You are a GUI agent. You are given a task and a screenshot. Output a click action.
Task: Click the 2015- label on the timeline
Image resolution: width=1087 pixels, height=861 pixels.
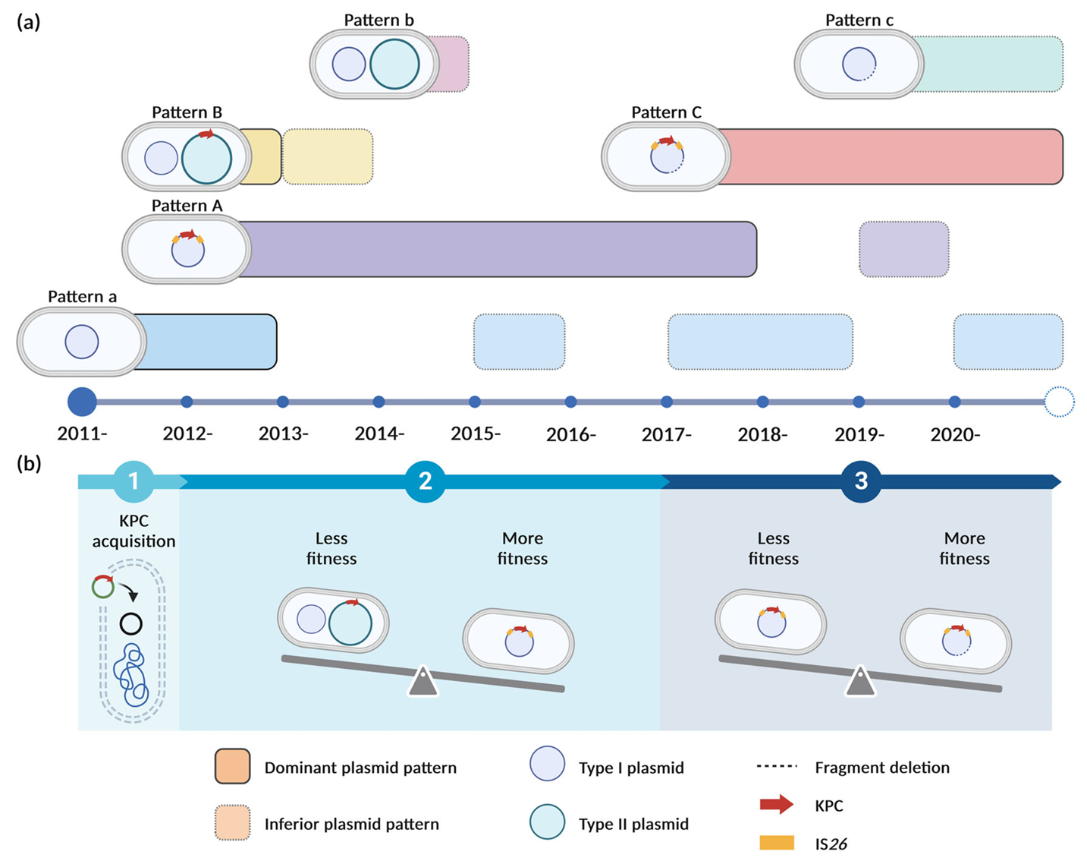pyautogui.click(x=476, y=434)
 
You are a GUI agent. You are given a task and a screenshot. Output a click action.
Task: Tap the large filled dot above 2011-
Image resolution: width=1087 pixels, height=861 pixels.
pyautogui.click(x=82, y=402)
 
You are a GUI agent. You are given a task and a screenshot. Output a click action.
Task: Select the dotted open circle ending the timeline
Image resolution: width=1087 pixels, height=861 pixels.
pyautogui.click(x=1059, y=402)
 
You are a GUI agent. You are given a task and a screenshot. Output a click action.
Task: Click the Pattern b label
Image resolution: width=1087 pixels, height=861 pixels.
pyautogui.click(x=379, y=20)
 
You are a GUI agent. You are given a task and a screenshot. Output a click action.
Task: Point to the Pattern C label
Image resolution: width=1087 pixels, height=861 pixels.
pyautogui.click(x=666, y=112)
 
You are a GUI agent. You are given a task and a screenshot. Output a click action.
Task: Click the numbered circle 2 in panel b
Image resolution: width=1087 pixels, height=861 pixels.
pyautogui.click(x=425, y=481)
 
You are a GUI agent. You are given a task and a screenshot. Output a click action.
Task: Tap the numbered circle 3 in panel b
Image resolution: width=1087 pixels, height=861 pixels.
pyautogui.click(x=861, y=481)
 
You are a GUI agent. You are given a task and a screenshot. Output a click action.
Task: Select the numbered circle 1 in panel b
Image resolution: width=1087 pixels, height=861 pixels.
pyautogui.click(x=134, y=481)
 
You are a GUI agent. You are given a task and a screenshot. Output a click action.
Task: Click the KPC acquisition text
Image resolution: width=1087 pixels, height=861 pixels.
pyautogui.click(x=134, y=531)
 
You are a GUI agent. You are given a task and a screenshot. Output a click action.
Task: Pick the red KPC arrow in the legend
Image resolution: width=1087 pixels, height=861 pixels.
pyautogui.click(x=777, y=804)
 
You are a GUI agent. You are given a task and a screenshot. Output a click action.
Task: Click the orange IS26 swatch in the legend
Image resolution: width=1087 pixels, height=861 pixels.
pyautogui.click(x=777, y=843)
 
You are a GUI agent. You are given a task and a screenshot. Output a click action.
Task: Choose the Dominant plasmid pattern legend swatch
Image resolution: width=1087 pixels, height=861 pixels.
pyautogui.click(x=232, y=766)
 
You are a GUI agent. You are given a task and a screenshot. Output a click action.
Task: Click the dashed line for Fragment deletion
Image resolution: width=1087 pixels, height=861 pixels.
pyautogui.click(x=776, y=766)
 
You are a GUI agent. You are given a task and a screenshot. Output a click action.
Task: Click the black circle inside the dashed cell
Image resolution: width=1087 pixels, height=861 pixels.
pyautogui.click(x=130, y=624)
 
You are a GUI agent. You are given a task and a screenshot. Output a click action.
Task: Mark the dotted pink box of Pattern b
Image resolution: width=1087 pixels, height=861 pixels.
pyautogui.click(x=448, y=64)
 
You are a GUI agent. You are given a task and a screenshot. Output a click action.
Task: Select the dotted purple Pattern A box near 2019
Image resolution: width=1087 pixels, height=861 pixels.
pyautogui.click(x=904, y=249)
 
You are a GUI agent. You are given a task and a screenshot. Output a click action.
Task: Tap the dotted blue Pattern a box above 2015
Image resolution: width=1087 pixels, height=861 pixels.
pyautogui.click(x=520, y=342)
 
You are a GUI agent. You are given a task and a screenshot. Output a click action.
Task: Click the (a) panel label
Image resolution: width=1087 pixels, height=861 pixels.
pyautogui.click(x=28, y=22)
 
